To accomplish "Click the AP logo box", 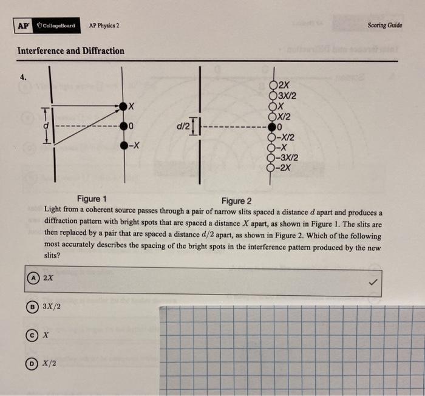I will [x=22, y=26].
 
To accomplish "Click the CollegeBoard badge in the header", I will [x=56, y=26].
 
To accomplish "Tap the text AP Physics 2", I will [x=104, y=26].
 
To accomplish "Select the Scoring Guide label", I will [x=385, y=26].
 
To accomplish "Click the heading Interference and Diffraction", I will [x=71, y=51].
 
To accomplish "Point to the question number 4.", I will [x=23, y=78].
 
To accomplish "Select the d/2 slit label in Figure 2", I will [x=182, y=127].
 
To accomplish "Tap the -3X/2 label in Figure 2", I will [x=288, y=158].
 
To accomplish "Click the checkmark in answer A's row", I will [x=372, y=282].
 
